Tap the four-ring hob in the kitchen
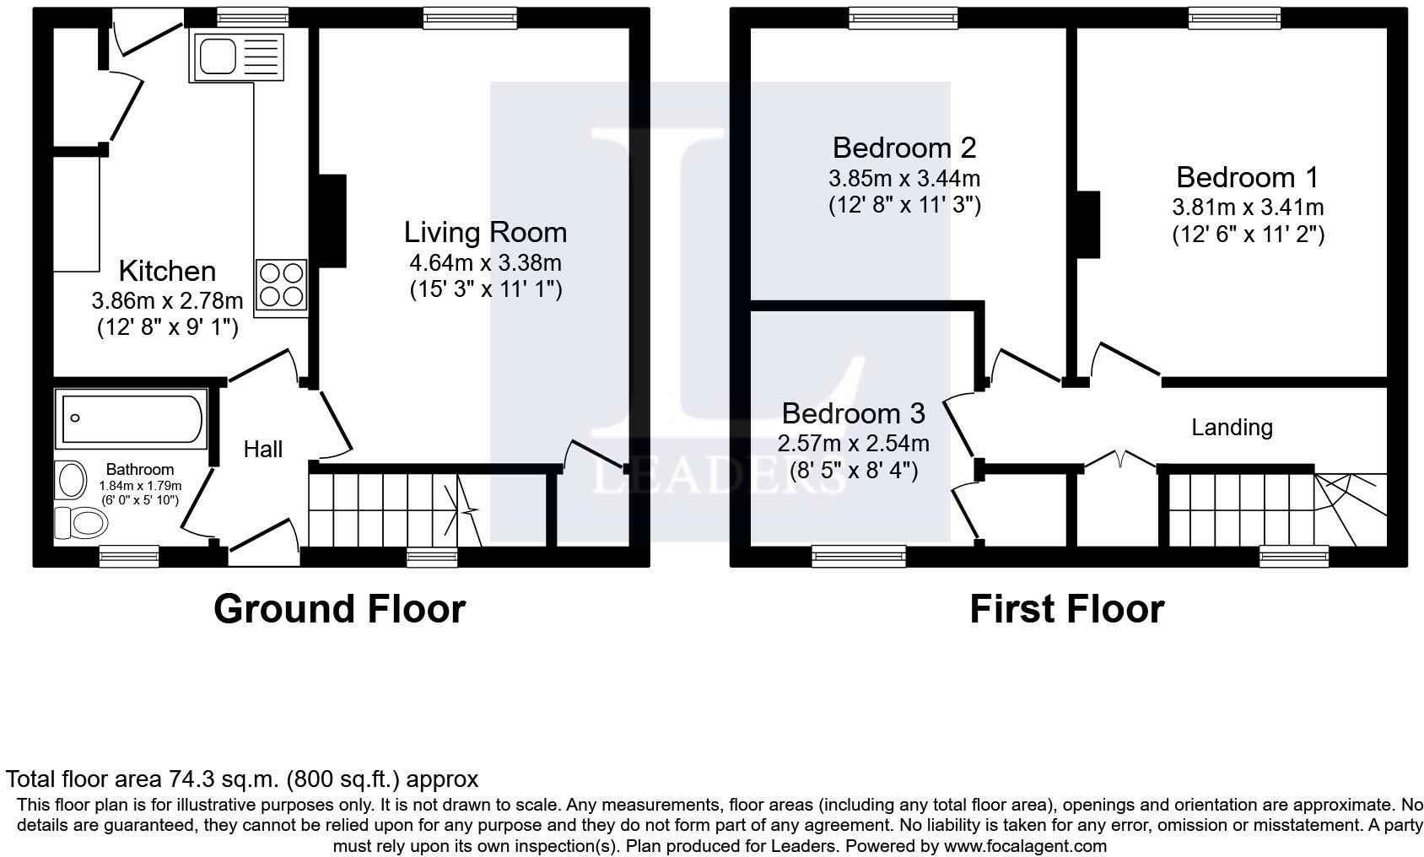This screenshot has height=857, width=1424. pos(281,284)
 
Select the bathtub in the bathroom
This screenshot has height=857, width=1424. pos(132,418)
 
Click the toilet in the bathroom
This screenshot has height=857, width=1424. pos(83,523)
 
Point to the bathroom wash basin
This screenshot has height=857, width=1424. pos(72,481)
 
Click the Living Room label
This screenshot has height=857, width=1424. pos(485,232)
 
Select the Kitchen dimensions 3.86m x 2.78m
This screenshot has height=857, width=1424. pos(167,299)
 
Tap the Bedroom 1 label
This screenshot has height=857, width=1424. pos(1247,177)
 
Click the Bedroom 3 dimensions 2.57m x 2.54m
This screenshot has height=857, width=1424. pos(853,443)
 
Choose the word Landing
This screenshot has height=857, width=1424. pos(1231,427)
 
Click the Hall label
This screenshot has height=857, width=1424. pos(262,449)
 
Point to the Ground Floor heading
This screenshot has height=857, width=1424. pos(339,608)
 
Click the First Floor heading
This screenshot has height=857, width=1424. pos(1066,608)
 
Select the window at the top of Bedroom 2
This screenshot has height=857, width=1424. pos(903,18)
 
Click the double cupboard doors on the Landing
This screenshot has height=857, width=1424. pos(1119,460)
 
